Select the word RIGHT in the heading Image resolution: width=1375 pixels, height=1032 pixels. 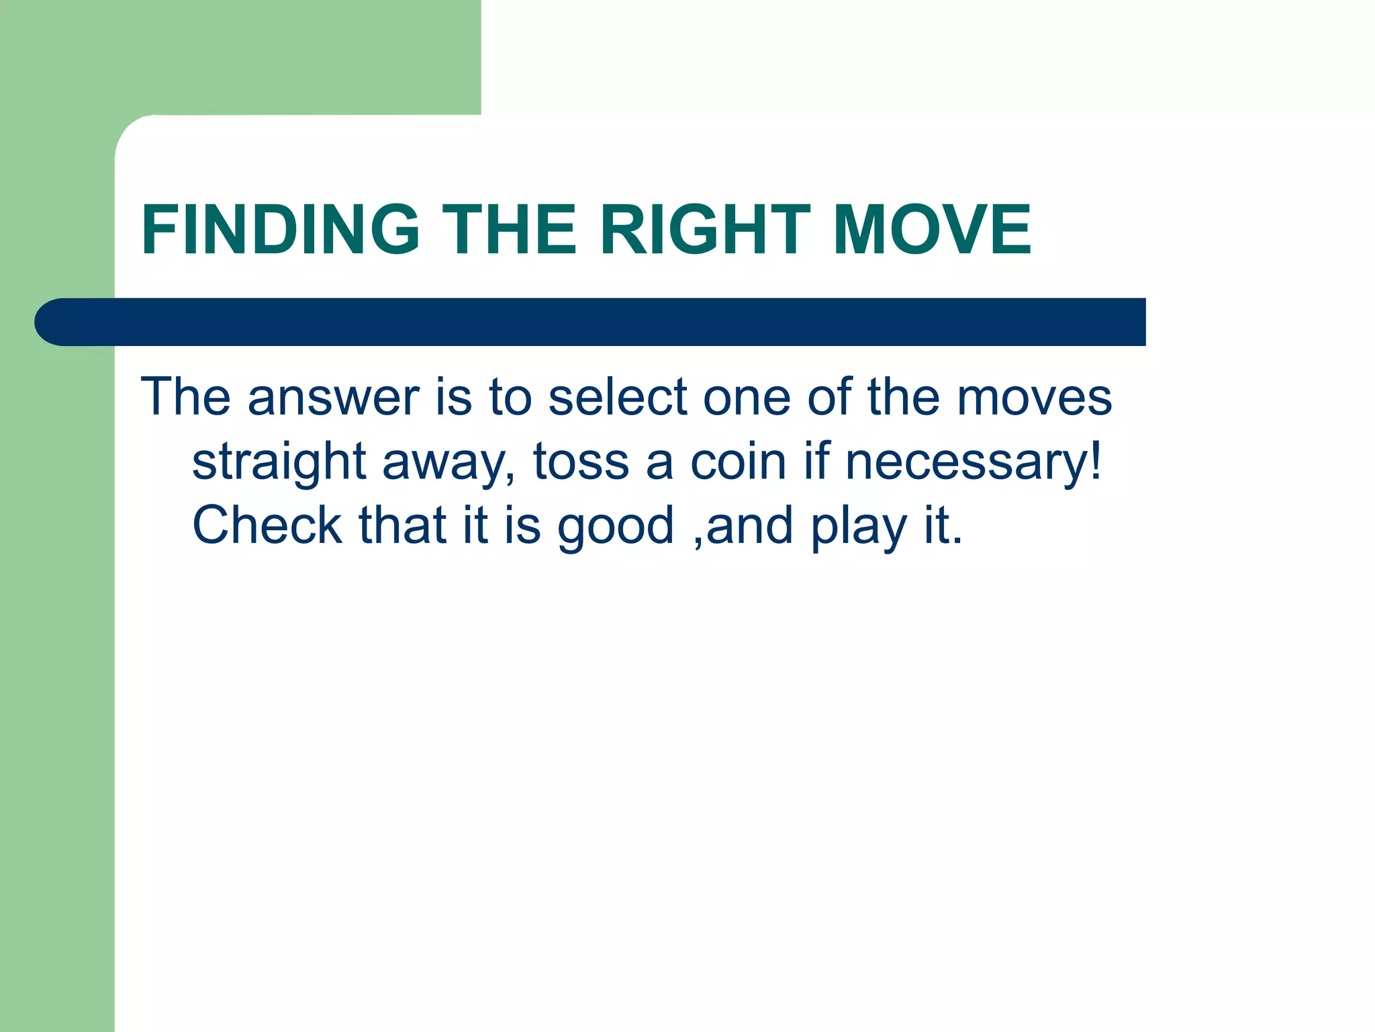(x=705, y=230)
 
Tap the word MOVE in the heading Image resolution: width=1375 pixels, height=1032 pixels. (x=931, y=230)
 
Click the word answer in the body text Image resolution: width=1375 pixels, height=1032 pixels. (x=334, y=398)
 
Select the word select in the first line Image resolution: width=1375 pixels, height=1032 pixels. (x=618, y=398)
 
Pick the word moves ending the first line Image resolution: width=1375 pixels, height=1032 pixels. (x=1034, y=398)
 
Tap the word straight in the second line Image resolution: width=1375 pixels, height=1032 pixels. (x=279, y=462)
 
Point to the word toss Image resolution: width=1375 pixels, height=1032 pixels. (x=581, y=462)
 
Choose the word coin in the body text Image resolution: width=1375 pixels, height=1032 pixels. (x=738, y=462)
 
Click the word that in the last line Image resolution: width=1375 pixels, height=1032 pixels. (x=402, y=525)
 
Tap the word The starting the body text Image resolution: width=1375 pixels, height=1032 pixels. (x=185, y=398)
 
